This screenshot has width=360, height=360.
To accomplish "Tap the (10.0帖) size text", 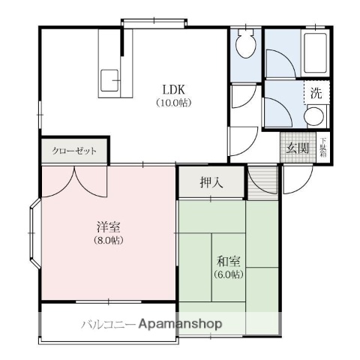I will (x=173, y=102).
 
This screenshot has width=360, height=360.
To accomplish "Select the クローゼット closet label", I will (x=74, y=151).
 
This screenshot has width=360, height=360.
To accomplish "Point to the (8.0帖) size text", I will (x=109, y=240).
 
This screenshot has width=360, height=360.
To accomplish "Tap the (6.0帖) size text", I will (x=229, y=274).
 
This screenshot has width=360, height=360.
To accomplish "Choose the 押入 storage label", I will (x=211, y=182).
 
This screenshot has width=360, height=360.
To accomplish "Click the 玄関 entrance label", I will (x=297, y=148).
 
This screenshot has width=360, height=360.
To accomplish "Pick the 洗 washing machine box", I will (x=315, y=94).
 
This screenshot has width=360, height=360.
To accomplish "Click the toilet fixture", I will (x=244, y=47).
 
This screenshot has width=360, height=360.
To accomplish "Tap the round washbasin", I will (x=316, y=116).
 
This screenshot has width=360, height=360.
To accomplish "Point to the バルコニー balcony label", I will (x=108, y=324).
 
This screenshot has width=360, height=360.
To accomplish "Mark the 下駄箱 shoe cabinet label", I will (x=323, y=147).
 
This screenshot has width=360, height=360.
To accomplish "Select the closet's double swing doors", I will (x=75, y=178).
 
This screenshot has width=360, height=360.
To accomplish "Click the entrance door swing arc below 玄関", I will (x=297, y=177).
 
